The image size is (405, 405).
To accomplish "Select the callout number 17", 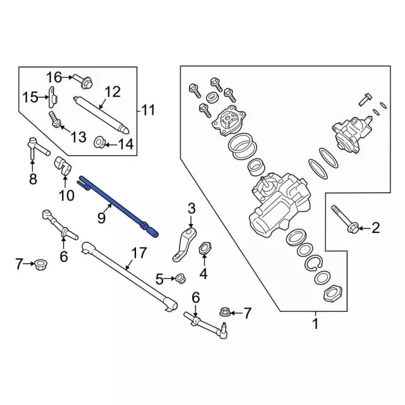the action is (x=139, y=253).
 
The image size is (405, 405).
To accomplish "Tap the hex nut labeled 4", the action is (x=204, y=248).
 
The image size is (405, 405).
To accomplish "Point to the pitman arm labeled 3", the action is (x=184, y=244).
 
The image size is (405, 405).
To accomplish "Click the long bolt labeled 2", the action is (x=344, y=218).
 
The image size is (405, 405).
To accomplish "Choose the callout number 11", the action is (x=147, y=110).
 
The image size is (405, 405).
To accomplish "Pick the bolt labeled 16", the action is (x=83, y=80).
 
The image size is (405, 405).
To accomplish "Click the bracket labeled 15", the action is (x=53, y=97).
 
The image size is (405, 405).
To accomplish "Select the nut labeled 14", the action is (x=99, y=142).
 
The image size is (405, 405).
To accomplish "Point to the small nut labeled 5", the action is (x=180, y=278).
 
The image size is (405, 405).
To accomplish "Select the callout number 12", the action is (x=113, y=92).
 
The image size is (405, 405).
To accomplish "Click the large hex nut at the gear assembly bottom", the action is (x=333, y=294).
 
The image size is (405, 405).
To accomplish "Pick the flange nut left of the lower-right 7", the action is (x=225, y=312).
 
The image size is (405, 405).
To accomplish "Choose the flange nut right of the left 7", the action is (x=40, y=265).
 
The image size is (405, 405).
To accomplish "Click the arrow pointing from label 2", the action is (x=364, y=228).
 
